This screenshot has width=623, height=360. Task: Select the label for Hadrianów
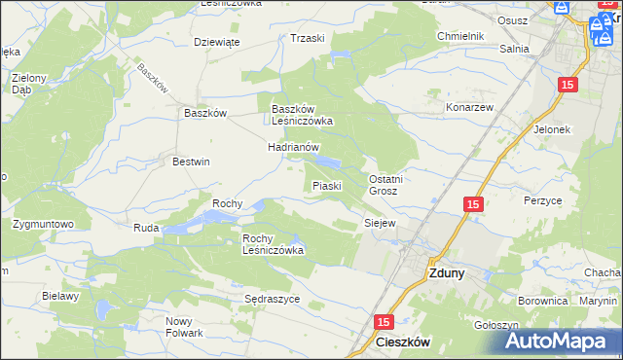pos(294,147)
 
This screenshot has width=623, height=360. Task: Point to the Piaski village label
pos(325,186)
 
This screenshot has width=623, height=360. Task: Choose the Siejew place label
pos(380,223)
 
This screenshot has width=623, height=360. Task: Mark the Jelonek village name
pos(551,128)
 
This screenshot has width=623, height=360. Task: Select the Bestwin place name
pos(191,162)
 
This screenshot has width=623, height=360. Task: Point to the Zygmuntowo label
pos(44,224)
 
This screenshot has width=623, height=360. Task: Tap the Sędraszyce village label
pos(272,299)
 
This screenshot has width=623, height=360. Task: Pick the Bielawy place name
pos(59,296)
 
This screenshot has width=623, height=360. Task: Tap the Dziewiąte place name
pos(217,42)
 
